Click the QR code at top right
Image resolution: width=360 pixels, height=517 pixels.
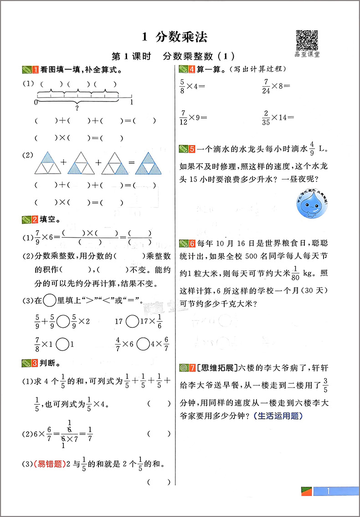pyautogui.click(x=307, y=40)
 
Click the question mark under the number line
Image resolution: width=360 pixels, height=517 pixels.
pyautogui.click(x=77, y=108)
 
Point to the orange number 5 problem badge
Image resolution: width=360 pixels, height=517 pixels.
pyautogui.click(x=192, y=149)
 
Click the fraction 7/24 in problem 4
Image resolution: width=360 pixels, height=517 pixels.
pyautogui.click(x=266, y=86)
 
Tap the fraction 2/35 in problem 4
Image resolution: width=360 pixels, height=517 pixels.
pyautogui.click(x=266, y=117)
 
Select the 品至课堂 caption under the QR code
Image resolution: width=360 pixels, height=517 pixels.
pyautogui.click(x=307, y=55)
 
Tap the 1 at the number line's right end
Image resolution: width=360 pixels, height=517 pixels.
pyautogui.click(x=132, y=103)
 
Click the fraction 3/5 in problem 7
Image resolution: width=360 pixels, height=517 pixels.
pyautogui.click(x=325, y=385)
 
